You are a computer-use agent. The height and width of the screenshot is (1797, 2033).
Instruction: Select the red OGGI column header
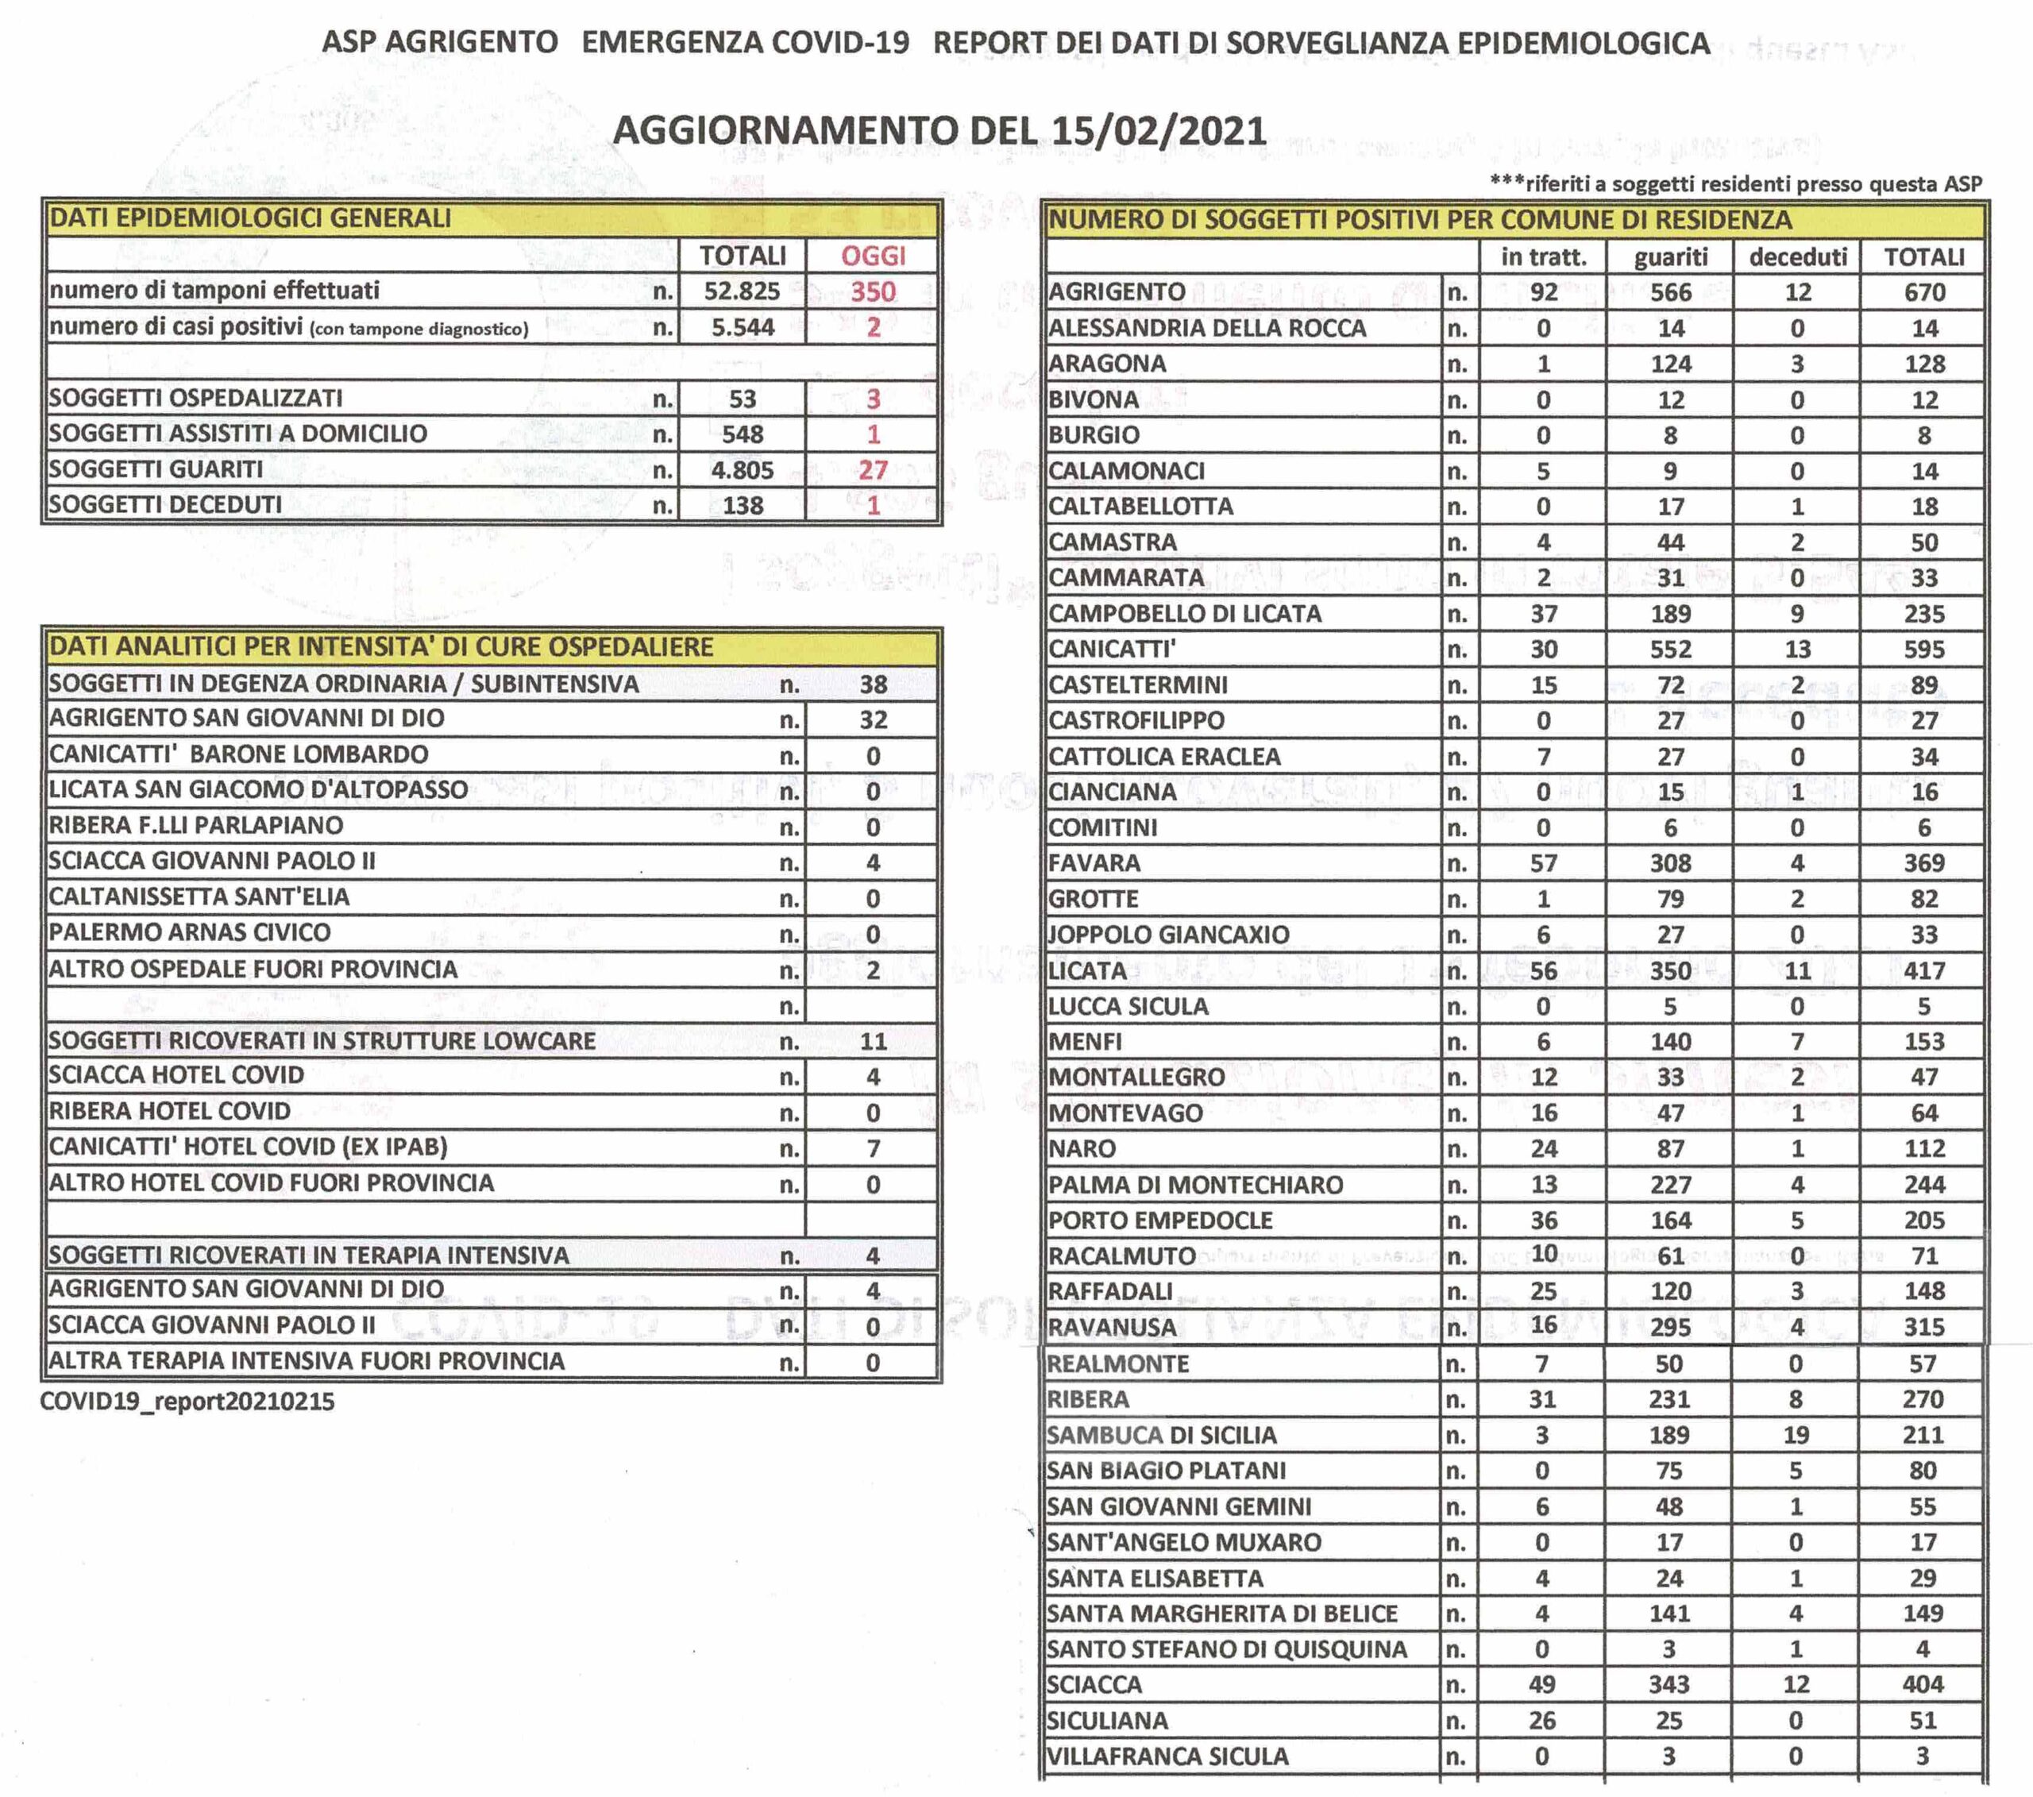[x=872, y=256]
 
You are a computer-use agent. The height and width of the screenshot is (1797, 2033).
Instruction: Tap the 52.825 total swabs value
[x=742, y=291]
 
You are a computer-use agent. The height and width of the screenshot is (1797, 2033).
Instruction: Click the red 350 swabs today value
[x=872, y=291]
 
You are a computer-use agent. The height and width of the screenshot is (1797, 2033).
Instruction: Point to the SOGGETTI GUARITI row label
[x=156, y=469]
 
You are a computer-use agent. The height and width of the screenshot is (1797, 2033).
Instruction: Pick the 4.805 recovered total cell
[x=742, y=469]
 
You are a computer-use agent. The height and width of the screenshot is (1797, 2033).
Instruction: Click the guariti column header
[x=1670, y=257]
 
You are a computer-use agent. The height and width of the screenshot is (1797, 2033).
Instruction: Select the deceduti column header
[x=1797, y=257]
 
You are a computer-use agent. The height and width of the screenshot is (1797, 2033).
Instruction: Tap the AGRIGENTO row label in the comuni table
[x=1116, y=292]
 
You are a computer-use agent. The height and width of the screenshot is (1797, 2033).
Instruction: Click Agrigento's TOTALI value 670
[x=1923, y=292]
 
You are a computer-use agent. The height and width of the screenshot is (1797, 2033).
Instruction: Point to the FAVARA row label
[x=1094, y=863]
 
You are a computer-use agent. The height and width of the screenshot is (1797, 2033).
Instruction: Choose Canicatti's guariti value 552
[x=1670, y=650]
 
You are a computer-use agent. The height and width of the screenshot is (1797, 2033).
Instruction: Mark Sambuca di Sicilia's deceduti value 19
[x=1796, y=1435]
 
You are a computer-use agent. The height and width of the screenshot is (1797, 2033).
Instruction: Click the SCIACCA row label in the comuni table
[x=1094, y=1684]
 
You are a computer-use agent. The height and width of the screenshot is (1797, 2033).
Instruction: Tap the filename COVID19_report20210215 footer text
[x=187, y=1402]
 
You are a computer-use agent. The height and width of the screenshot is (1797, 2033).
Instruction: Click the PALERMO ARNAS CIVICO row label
[x=190, y=933]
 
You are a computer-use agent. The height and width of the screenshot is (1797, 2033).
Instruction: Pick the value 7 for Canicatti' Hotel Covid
[x=872, y=1148]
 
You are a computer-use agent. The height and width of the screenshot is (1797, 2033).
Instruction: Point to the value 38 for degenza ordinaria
[x=872, y=684]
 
